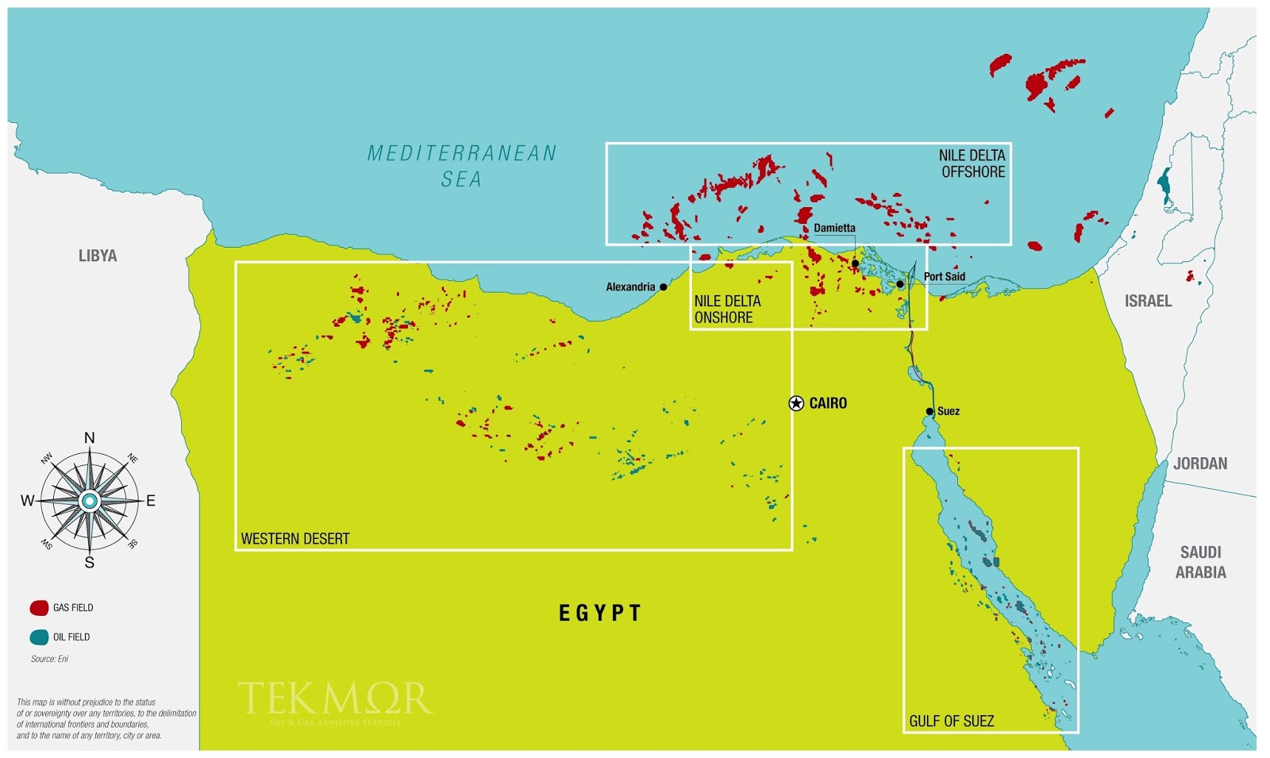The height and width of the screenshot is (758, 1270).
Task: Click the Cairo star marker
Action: [x=796, y=403]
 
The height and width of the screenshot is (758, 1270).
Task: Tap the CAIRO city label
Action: [x=828, y=403]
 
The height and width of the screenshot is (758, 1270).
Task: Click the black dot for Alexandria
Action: [x=664, y=287]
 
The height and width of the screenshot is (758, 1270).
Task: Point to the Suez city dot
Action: [x=929, y=411]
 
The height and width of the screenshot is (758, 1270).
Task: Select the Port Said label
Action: [x=944, y=277]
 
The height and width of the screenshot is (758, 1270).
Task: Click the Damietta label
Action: [x=834, y=228]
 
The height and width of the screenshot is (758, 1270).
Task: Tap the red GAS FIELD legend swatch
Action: [x=39, y=608]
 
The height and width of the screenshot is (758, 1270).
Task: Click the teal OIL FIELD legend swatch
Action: [x=39, y=637]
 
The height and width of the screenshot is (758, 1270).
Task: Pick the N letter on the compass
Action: [x=90, y=438]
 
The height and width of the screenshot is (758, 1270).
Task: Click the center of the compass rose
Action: [x=90, y=501]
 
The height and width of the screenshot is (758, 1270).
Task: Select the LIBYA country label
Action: [x=98, y=256]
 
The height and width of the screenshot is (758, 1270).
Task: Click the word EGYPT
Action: [x=600, y=613]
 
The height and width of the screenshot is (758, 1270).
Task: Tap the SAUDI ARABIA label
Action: [x=1200, y=562]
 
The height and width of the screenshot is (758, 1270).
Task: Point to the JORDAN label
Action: [x=1200, y=464]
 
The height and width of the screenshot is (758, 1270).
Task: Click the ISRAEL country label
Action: [x=1148, y=301]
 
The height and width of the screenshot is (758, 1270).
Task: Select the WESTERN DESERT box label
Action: [x=295, y=539]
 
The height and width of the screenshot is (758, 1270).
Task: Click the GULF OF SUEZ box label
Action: [x=951, y=721]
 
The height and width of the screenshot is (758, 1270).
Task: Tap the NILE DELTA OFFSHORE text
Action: [x=972, y=164]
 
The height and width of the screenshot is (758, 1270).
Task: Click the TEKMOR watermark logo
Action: [x=335, y=699]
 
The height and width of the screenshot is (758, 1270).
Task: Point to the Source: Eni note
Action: [x=49, y=659]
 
